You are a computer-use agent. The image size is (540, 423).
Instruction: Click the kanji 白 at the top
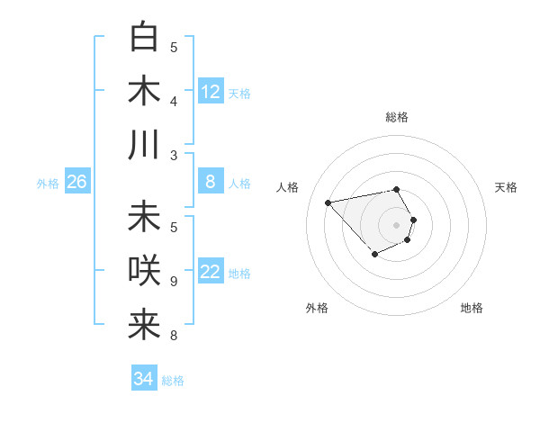(x=144, y=38)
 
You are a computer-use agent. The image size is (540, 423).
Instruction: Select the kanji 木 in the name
(x=144, y=92)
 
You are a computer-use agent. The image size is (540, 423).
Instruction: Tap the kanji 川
(x=144, y=145)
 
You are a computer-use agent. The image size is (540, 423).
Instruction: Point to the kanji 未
(x=144, y=217)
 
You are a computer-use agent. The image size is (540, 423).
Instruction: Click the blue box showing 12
(x=211, y=92)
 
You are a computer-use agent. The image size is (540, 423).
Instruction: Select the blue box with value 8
(x=211, y=182)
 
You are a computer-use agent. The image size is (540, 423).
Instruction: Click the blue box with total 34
(x=144, y=379)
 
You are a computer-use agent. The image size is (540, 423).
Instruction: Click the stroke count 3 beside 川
(x=174, y=156)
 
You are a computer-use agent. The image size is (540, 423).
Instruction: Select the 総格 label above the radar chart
(x=396, y=117)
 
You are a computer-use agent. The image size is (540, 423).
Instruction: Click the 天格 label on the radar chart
(x=506, y=187)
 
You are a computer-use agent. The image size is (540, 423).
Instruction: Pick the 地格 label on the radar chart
(x=472, y=308)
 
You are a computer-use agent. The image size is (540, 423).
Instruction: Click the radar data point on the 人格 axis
(x=328, y=202)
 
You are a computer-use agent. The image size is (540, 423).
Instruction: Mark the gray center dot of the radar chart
(x=396, y=224)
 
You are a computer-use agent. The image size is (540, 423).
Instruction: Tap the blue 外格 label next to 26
(x=48, y=184)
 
